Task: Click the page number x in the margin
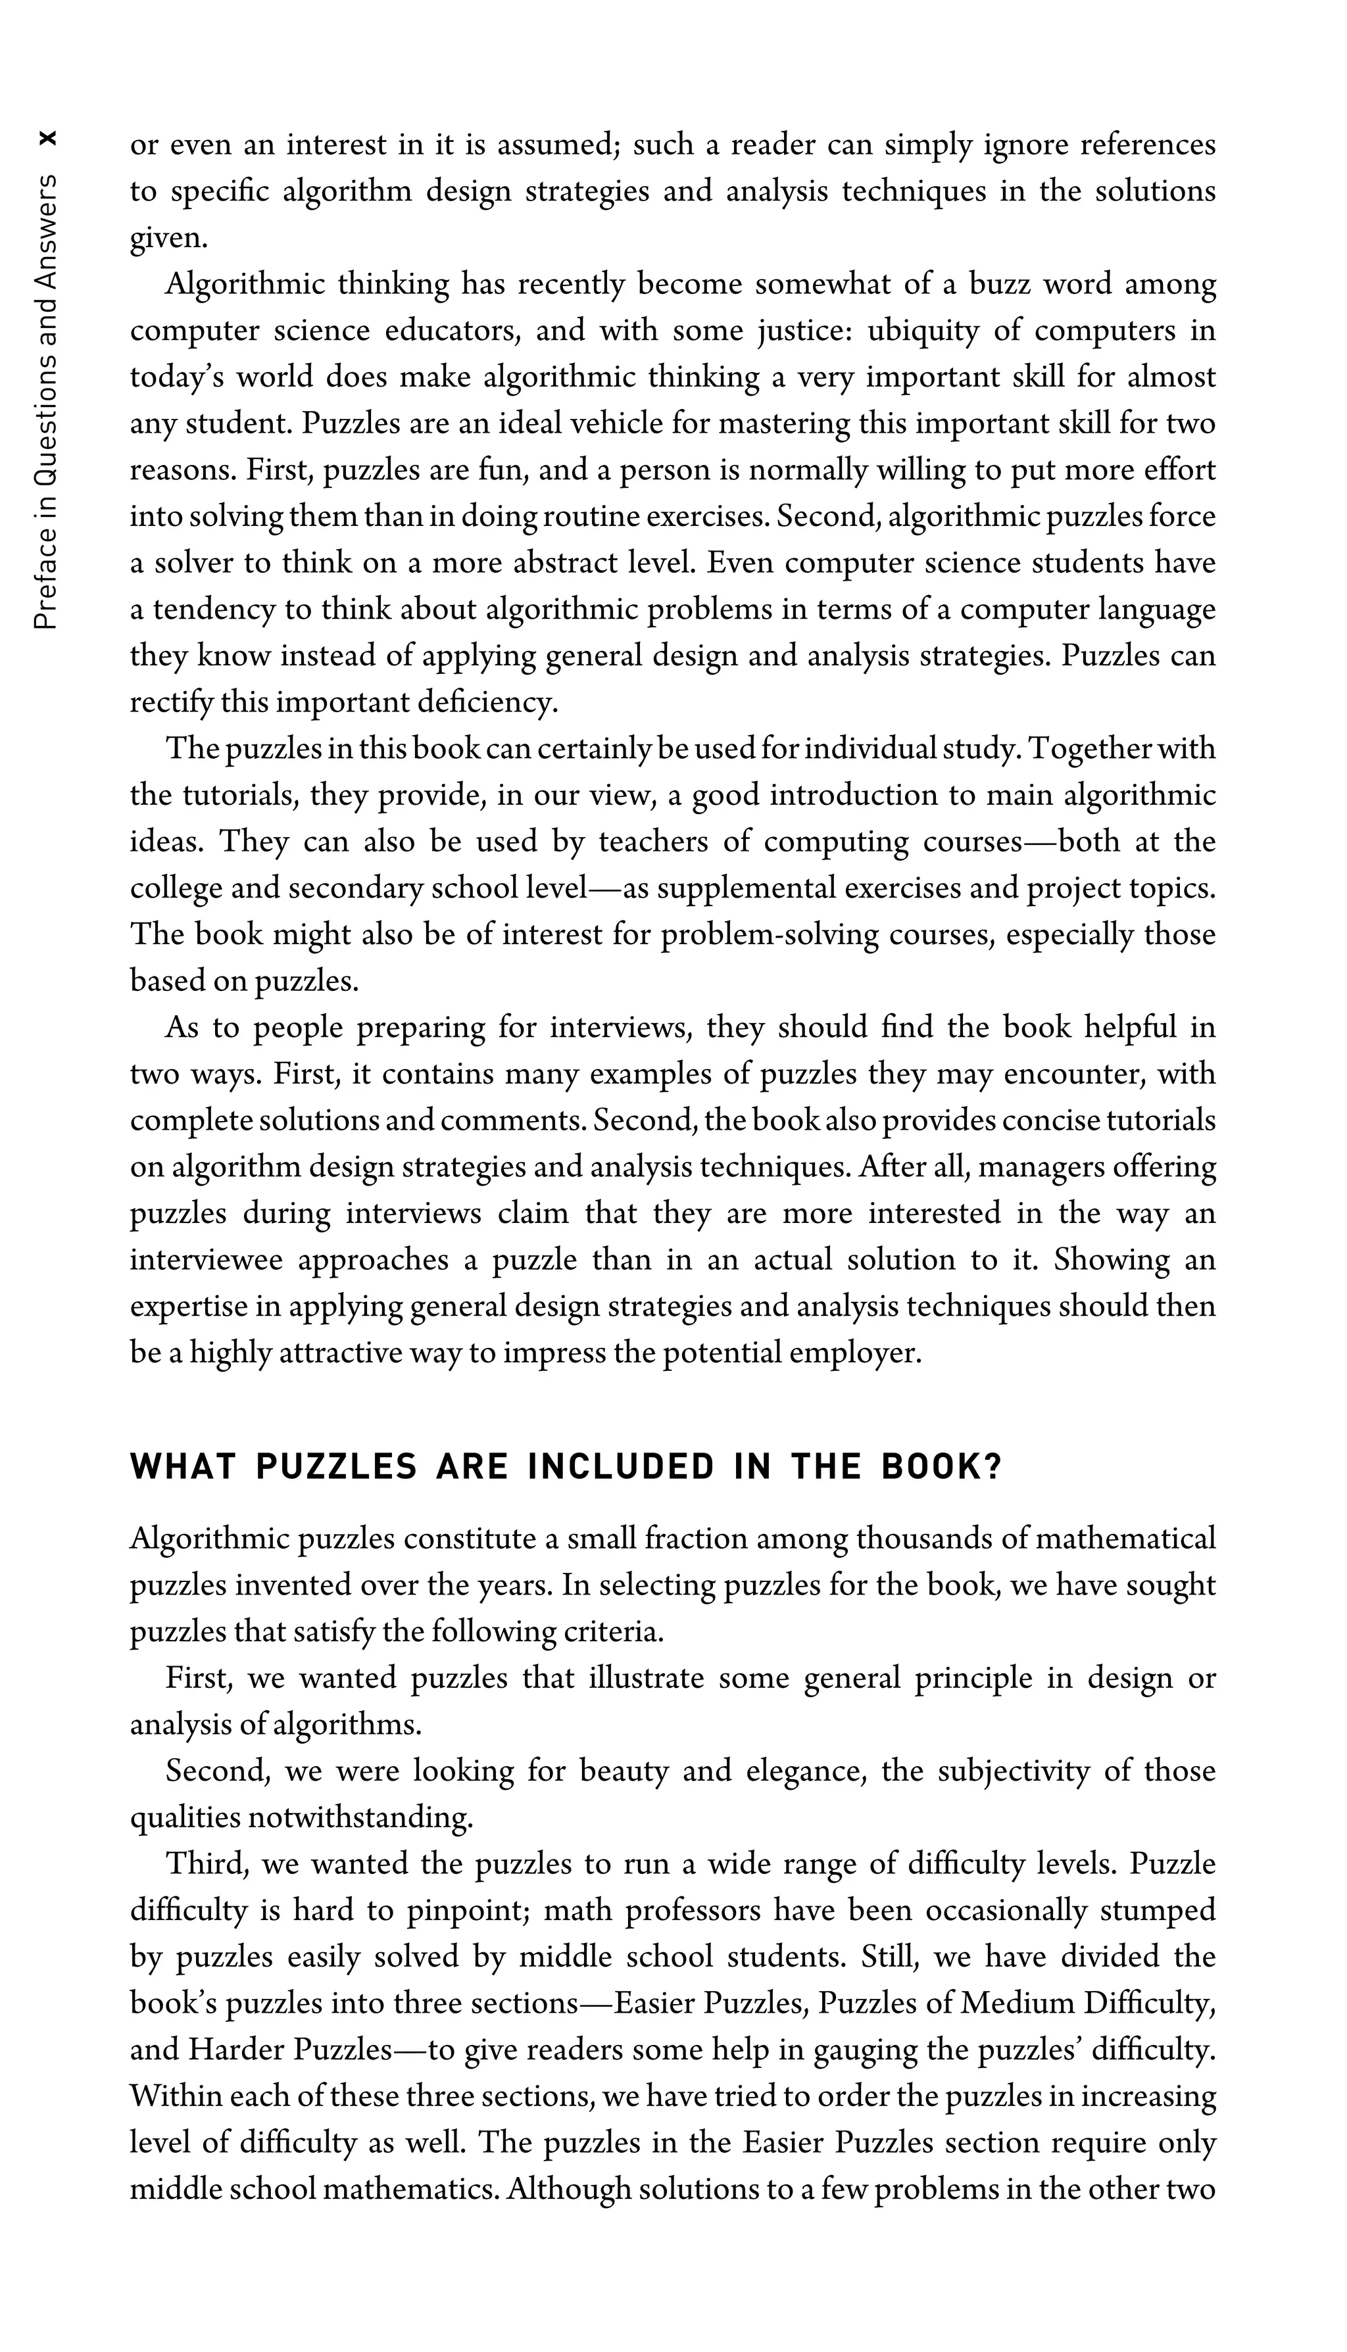tap(48, 139)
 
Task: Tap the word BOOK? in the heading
tap(941, 1467)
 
